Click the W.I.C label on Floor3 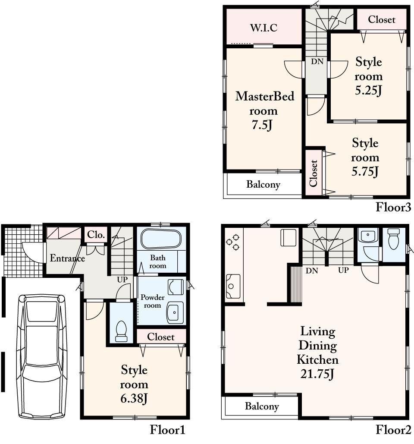click(263, 28)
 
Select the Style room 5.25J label click(369, 76)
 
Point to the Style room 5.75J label click(365, 157)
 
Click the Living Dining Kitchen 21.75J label click(318, 353)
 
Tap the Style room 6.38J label click(134, 384)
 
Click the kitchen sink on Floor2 click(232, 286)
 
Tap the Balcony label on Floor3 click(263, 185)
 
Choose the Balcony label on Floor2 click(262, 406)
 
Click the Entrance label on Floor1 click(67, 258)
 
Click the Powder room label click(152, 302)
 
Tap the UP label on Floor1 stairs click(122, 280)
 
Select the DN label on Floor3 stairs click(317, 61)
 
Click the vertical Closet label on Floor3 click(314, 173)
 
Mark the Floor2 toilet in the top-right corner click(394, 240)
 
